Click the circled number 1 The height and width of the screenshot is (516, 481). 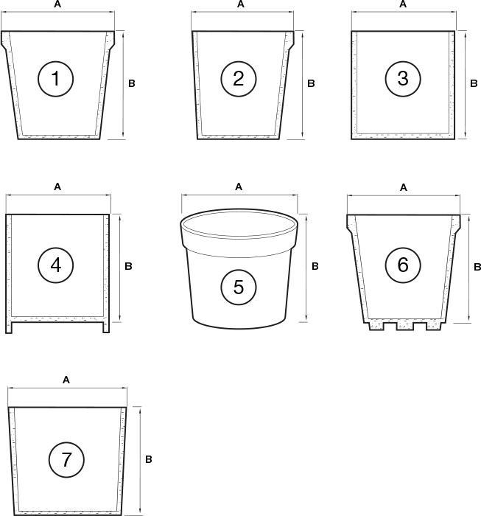(56, 79)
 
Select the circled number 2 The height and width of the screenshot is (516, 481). (238, 79)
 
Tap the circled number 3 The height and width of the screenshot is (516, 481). (402, 79)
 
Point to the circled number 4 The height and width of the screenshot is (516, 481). (56, 264)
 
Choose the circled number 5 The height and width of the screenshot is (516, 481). (238, 287)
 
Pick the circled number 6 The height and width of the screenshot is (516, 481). (402, 265)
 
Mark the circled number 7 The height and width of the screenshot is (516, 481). (66, 460)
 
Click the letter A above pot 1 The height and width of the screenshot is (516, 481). (57, 4)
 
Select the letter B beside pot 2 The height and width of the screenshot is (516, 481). (311, 84)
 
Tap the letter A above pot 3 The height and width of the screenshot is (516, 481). (402, 4)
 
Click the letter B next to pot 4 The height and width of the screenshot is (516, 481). (128, 266)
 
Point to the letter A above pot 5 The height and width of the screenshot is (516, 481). (238, 187)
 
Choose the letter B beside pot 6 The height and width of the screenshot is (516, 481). (477, 266)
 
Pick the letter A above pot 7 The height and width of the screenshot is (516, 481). (66, 380)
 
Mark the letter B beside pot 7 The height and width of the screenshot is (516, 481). (148, 459)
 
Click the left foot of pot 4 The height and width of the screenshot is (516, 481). (9, 328)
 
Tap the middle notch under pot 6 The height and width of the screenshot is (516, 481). (404, 326)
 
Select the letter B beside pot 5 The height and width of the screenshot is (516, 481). (315, 266)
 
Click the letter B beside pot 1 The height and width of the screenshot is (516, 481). (132, 84)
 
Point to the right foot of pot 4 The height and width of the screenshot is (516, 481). (107, 328)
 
